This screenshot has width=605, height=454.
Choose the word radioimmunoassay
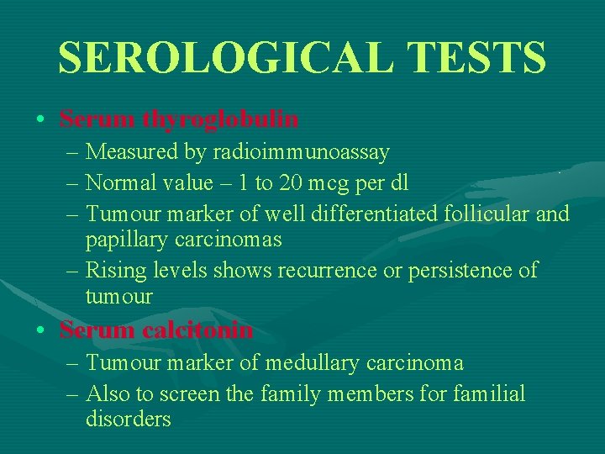click(x=301, y=152)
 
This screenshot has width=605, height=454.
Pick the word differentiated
click(x=378, y=214)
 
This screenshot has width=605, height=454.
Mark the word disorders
click(x=128, y=420)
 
